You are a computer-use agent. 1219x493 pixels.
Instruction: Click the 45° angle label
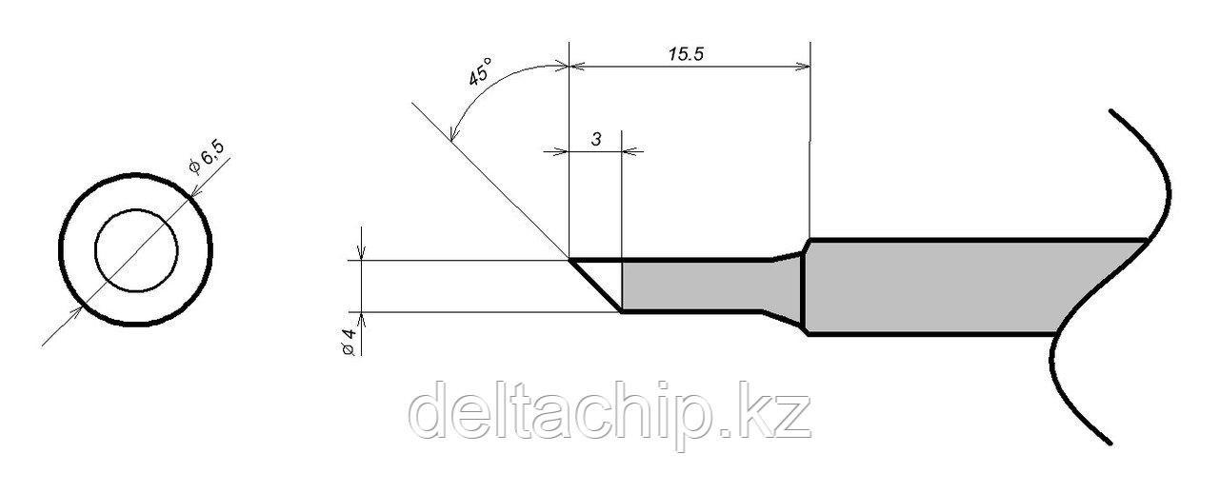[x=481, y=73]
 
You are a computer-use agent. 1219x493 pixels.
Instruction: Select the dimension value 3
[x=595, y=139]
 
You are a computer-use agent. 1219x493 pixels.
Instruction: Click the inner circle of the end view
[x=136, y=250]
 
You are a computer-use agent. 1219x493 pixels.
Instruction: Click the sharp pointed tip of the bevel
[x=570, y=259]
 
